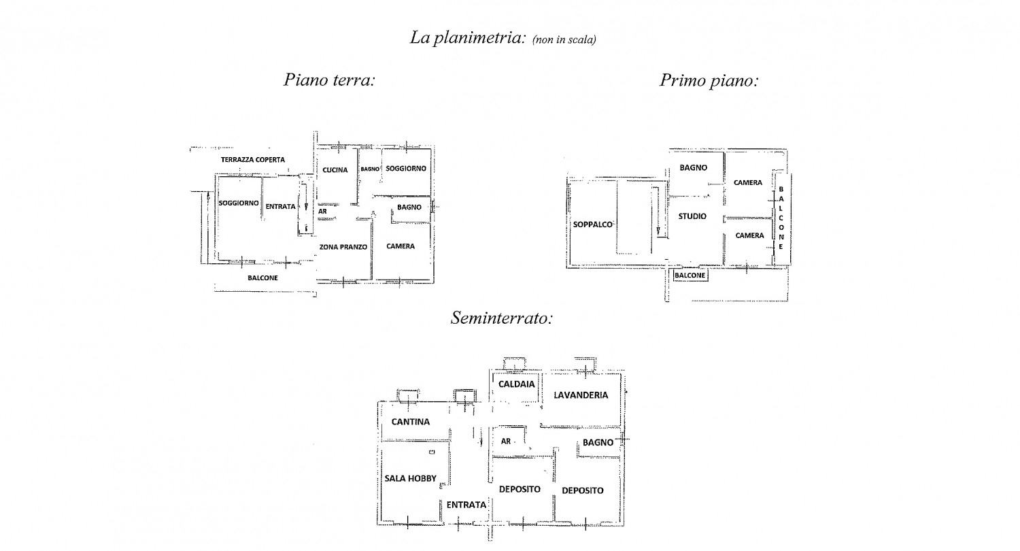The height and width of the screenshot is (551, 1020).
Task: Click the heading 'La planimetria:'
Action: (x=468, y=38)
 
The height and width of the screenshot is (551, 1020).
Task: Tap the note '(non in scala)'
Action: (x=564, y=40)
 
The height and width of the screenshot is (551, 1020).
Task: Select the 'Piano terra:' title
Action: (x=329, y=80)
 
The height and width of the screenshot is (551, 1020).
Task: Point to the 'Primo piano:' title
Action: (x=709, y=80)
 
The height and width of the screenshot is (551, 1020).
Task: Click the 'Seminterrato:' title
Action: (x=502, y=318)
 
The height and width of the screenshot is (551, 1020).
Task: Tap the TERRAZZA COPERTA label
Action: (x=253, y=160)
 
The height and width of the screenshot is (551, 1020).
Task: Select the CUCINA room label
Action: (x=335, y=170)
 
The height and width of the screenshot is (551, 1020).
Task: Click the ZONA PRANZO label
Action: (x=343, y=247)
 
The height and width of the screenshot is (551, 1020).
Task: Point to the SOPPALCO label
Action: (x=592, y=224)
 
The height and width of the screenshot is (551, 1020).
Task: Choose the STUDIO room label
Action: (x=692, y=216)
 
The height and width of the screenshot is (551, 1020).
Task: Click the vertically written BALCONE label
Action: (x=781, y=218)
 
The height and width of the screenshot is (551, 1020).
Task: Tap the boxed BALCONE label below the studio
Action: (x=690, y=275)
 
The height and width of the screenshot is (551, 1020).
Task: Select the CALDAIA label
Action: (x=516, y=384)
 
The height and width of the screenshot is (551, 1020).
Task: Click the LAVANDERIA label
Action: (x=581, y=395)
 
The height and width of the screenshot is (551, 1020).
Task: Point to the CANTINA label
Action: (x=410, y=422)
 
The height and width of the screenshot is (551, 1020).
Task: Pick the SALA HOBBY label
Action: (x=410, y=478)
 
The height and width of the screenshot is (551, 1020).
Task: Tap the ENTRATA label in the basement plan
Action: (x=466, y=505)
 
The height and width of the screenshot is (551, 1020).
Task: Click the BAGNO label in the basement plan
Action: (x=598, y=442)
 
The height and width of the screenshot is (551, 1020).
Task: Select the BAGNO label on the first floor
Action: (x=693, y=167)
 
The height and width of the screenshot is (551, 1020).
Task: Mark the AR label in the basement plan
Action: (x=505, y=441)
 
